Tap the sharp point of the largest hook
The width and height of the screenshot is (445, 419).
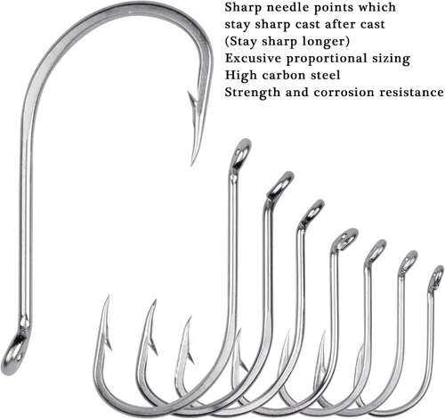tap(192, 165)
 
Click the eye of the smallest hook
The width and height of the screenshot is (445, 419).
tap(438, 275)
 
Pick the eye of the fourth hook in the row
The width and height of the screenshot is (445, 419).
tap(346, 238)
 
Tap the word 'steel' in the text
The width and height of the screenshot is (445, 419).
tap(326, 75)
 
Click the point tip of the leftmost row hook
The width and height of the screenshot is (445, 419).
tap(109, 296)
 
